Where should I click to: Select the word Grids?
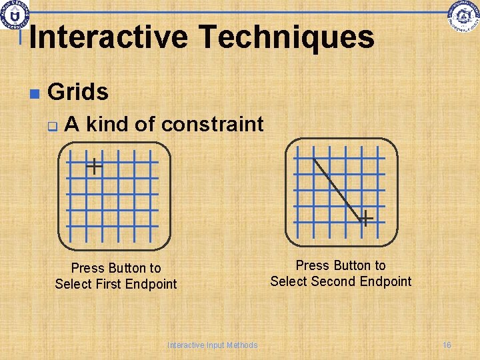(x=78, y=92)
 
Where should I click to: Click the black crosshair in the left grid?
(x=95, y=166)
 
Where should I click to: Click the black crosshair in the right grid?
(x=365, y=217)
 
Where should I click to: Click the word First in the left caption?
(x=114, y=284)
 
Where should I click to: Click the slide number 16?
(x=447, y=345)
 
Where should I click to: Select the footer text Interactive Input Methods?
(x=212, y=345)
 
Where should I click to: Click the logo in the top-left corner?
(x=15, y=15)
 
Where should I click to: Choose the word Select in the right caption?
(x=287, y=281)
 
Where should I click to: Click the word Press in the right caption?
(x=312, y=265)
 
